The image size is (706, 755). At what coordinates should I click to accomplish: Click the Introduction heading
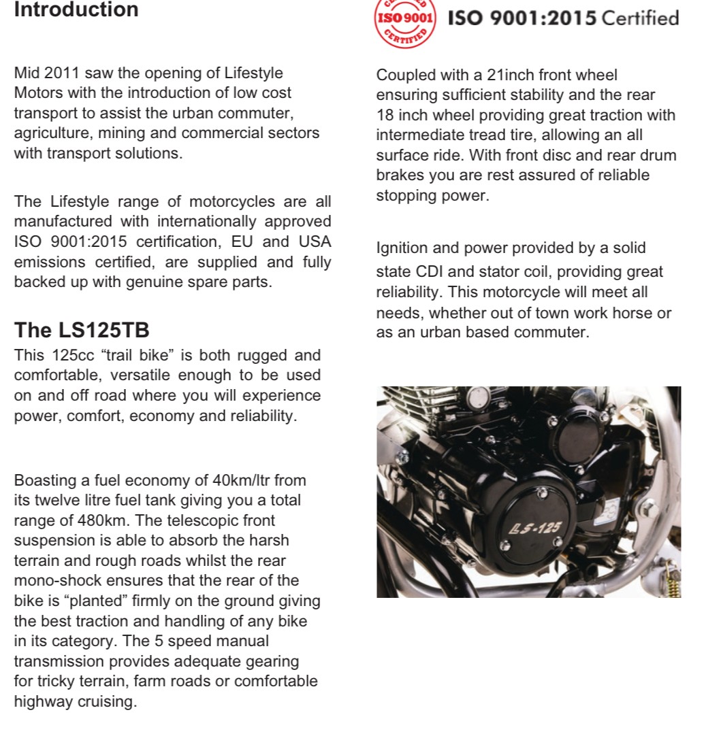pyautogui.click(x=76, y=10)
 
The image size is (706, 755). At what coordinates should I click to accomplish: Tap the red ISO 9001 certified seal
pyautogui.click(x=404, y=20)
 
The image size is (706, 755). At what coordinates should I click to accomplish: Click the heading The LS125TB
pyautogui.click(x=82, y=331)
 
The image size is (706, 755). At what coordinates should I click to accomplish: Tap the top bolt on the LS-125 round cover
pyautogui.click(x=542, y=492)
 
